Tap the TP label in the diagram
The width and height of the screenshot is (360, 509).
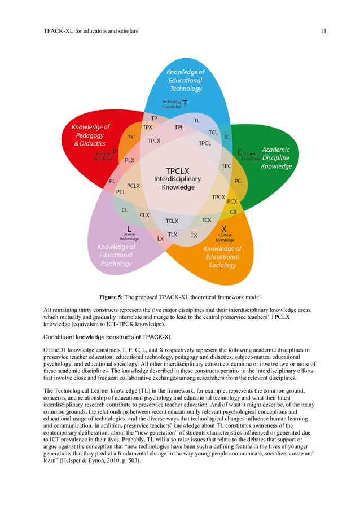click(154, 119)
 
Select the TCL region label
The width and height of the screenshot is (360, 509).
click(213, 133)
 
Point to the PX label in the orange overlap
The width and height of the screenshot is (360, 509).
click(130, 137)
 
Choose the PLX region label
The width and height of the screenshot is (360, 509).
click(130, 160)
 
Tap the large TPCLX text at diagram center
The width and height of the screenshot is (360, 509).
click(178, 170)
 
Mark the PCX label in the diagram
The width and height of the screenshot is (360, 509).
click(231, 201)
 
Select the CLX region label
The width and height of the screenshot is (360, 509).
click(145, 215)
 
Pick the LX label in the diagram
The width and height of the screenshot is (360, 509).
click(160, 239)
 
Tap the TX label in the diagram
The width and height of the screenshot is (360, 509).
click(194, 235)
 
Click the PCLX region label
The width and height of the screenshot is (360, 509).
click(134, 186)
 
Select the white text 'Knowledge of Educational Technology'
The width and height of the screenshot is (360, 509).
click(186, 81)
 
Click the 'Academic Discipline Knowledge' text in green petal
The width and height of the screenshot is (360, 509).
click(276, 158)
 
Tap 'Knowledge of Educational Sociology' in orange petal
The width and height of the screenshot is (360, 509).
click(222, 257)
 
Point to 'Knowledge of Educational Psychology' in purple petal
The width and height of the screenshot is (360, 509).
click(116, 255)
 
